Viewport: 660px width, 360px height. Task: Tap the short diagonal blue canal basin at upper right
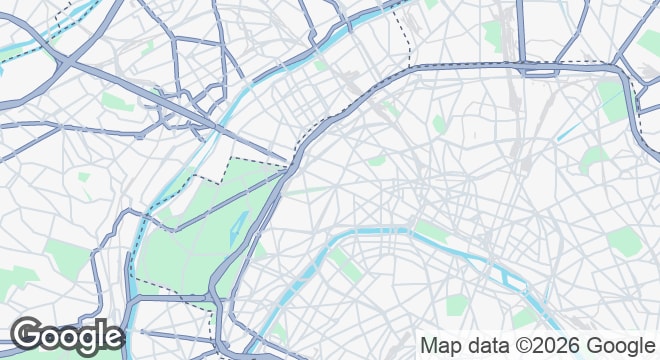click(x=569, y=130)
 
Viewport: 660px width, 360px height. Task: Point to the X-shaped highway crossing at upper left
click(x=60, y=60)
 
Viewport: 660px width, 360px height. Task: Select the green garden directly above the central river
click(x=432, y=231)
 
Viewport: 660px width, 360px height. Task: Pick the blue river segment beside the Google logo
click(x=131, y=300)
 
